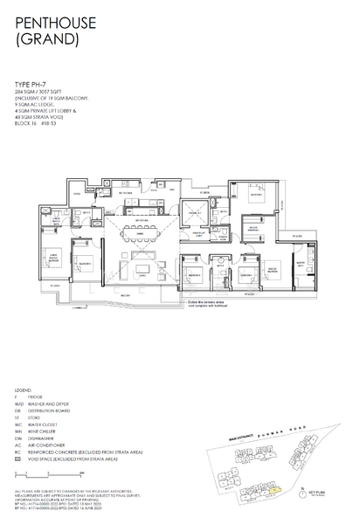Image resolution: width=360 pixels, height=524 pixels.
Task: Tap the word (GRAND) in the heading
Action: pyautogui.click(x=44, y=39)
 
